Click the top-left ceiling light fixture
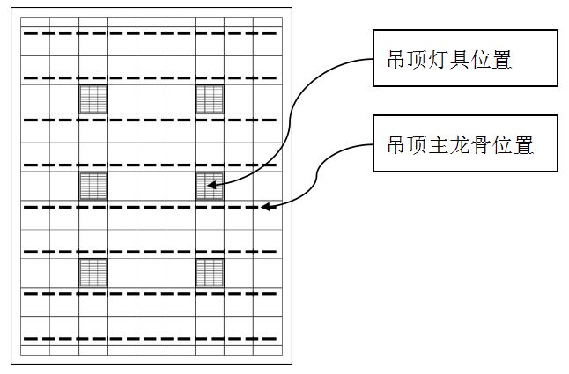coord(93,99)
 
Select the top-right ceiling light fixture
coord(210,99)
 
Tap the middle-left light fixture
coord(93,187)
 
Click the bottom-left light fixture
coord(93,273)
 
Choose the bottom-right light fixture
coord(210,273)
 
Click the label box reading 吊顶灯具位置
coord(464,60)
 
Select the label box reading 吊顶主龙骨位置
coord(464,144)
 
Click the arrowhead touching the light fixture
coord(213,185)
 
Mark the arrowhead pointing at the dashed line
coord(267,208)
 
